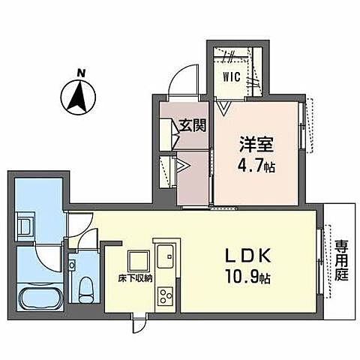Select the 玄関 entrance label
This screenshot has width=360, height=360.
point(193,125)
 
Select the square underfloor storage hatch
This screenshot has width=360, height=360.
point(139,260)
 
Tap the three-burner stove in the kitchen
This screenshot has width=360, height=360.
point(164,294)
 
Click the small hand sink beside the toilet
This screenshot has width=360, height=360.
point(73,265)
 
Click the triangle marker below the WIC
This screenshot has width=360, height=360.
point(223,107)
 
